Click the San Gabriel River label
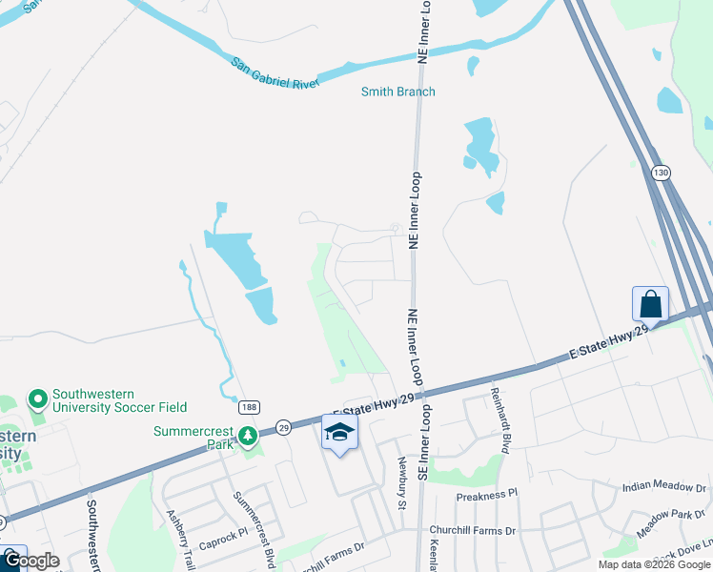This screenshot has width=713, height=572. pos(275,72)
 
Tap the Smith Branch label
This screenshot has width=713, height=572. pos(397,92)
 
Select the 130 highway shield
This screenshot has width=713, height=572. pos(661,173)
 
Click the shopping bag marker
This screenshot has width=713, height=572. pos(650,305)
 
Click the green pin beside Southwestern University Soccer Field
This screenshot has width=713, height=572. pos(37,398)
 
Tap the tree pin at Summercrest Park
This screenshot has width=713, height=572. pos(248,438)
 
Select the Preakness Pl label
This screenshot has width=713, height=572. pos(486,495)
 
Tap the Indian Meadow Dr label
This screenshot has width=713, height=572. pos(663,486)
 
